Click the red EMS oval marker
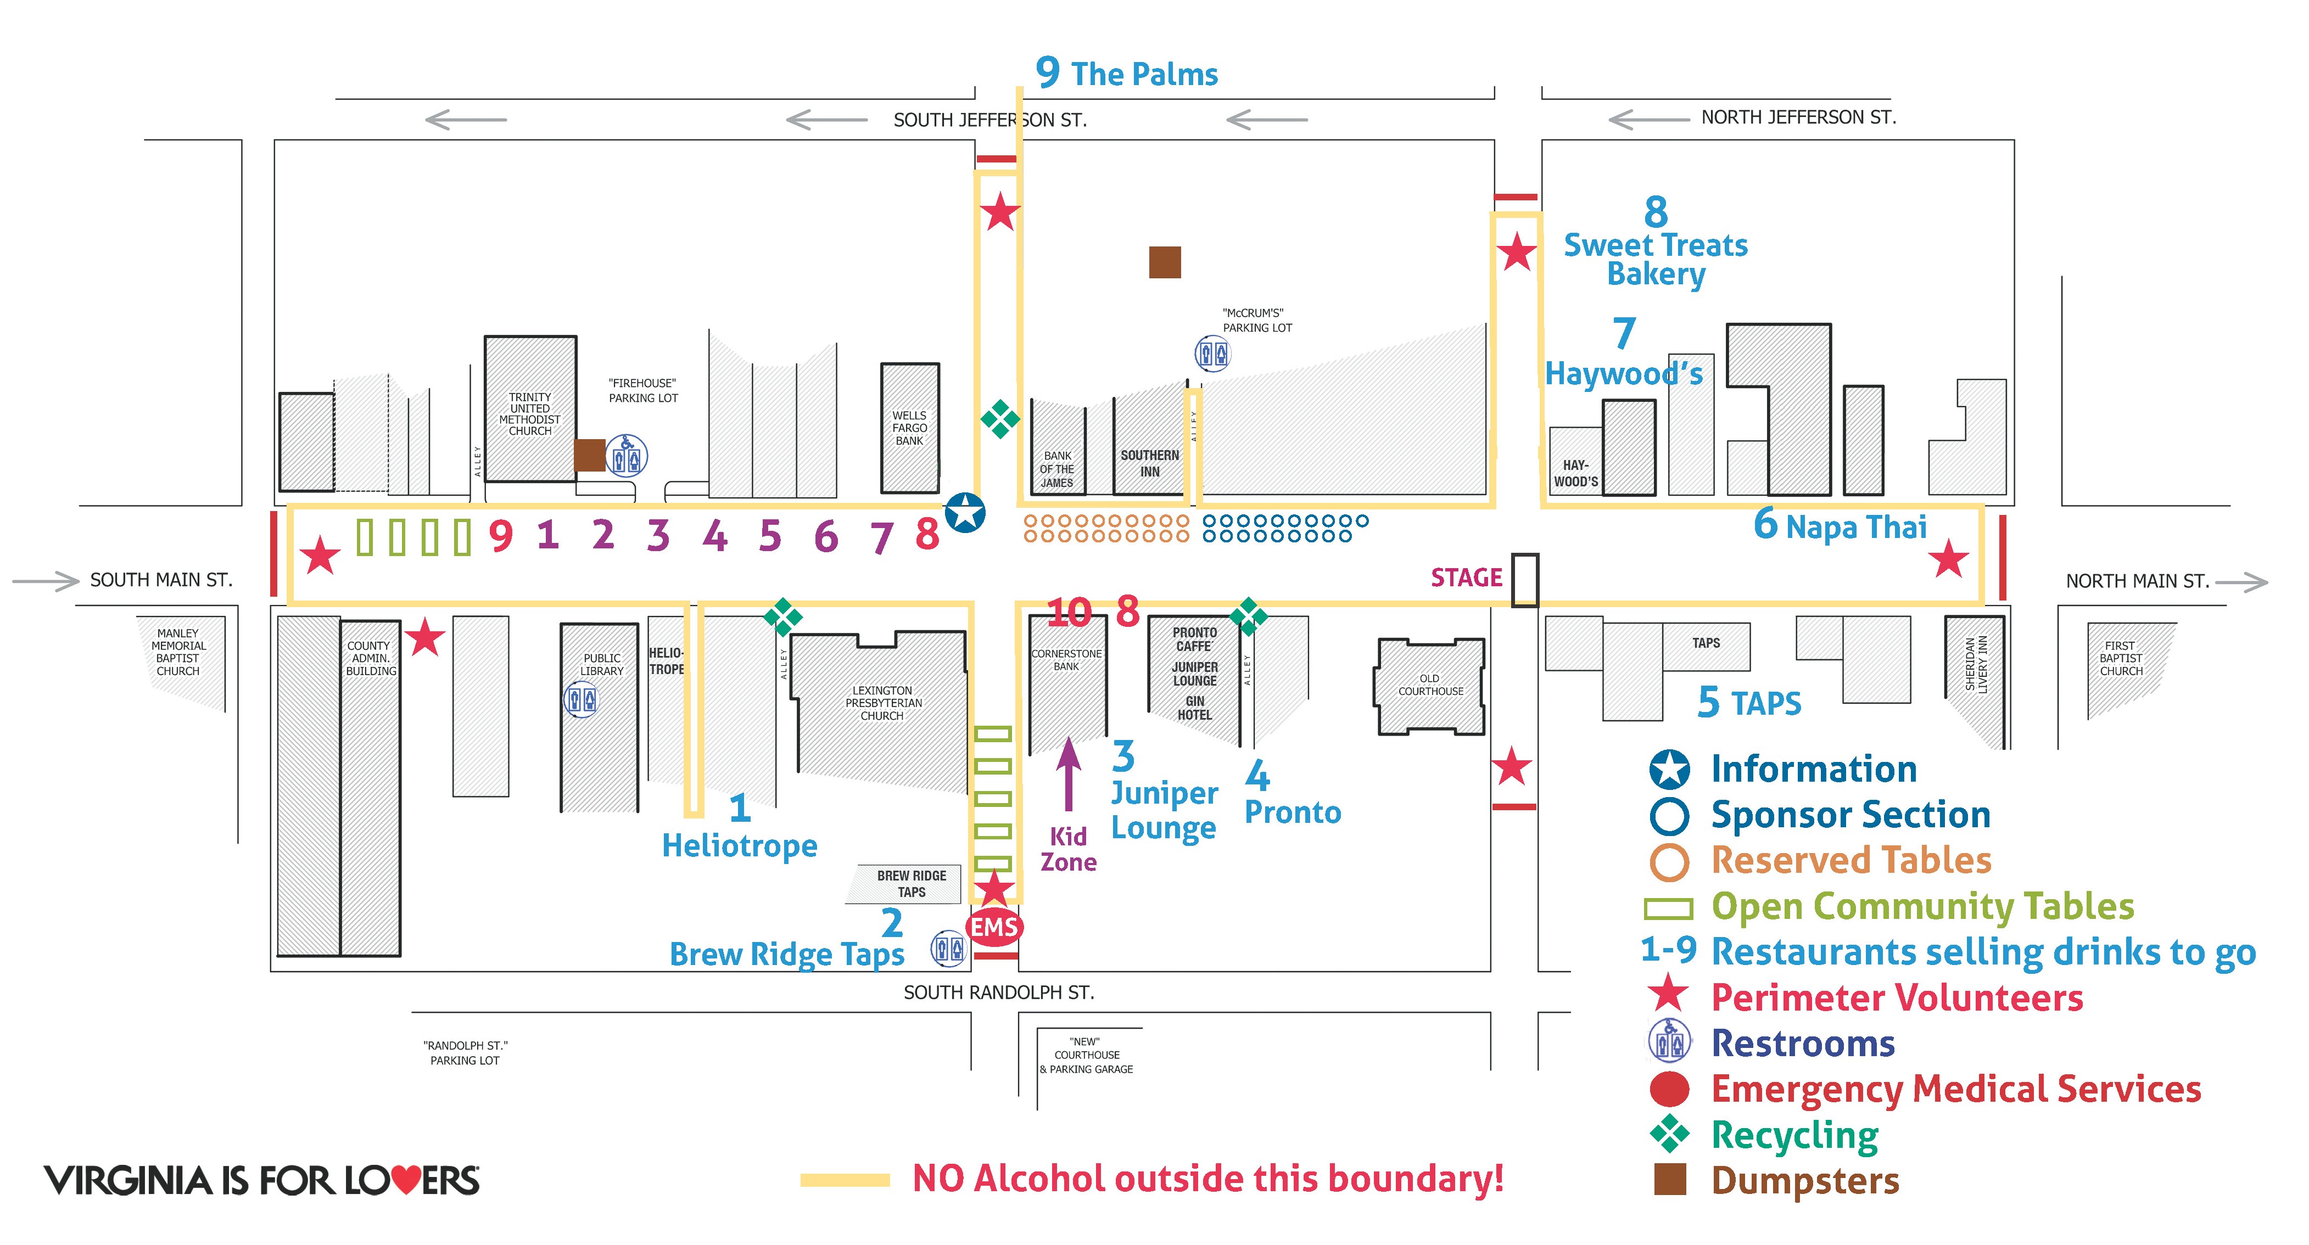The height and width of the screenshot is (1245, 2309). pos(994,927)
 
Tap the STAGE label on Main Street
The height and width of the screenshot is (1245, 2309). pos(1467,578)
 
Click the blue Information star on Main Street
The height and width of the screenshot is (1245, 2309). pos(965,513)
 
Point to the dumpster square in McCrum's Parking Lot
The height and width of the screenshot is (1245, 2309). pos(1165,262)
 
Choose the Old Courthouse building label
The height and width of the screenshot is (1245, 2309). pos(1430,685)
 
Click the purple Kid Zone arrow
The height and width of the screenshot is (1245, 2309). pos(1067,775)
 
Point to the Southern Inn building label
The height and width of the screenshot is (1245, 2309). pos(1150,463)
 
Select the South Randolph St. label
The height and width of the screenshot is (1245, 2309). pos(998,992)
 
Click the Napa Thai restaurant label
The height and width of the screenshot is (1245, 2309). pos(1857,527)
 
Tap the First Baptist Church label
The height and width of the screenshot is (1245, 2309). pos(2121,658)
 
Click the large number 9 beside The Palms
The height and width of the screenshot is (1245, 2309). pos(1048,72)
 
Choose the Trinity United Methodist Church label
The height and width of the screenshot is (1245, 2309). pos(530,414)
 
